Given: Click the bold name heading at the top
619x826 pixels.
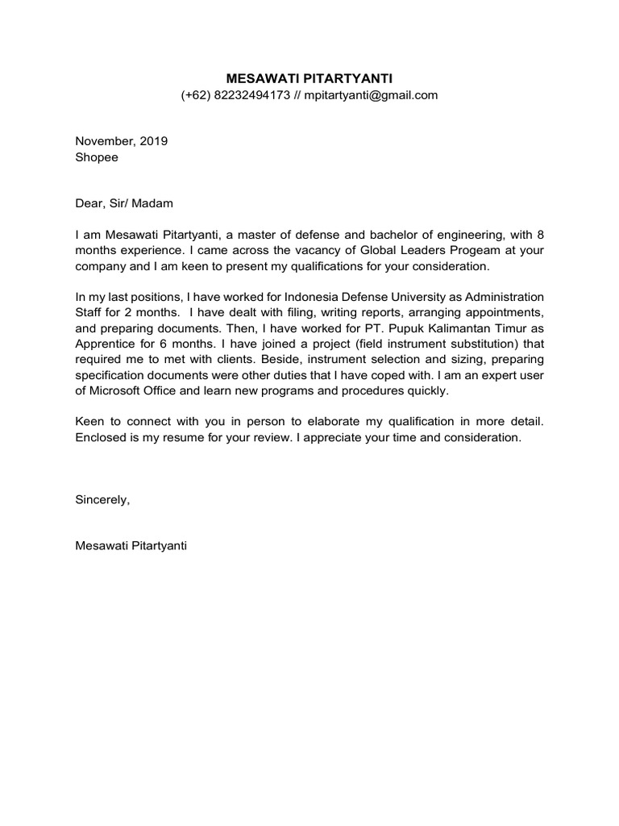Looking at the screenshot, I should pos(309,78).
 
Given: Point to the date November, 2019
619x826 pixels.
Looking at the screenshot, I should pos(121,140).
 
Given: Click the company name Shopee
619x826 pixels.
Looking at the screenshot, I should pos(97,157).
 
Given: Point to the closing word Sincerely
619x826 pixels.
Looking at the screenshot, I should pos(102,499).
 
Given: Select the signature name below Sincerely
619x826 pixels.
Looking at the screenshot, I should pos(131,545).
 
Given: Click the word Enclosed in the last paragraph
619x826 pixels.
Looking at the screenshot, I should pos(102,436).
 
